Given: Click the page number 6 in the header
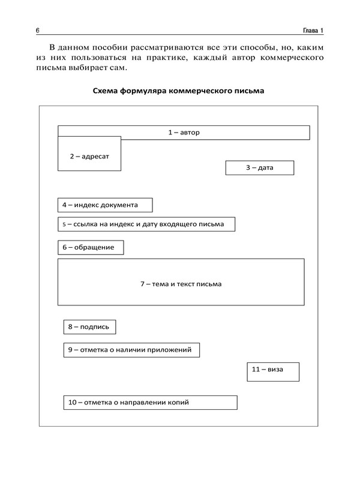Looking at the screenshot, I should click(x=38, y=31).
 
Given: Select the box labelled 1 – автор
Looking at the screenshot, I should click(x=184, y=132).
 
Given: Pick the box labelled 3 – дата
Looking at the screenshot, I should click(x=259, y=167).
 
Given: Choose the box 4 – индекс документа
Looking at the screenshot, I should click(x=105, y=205).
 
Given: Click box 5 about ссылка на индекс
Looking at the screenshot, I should click(x=146, y=224).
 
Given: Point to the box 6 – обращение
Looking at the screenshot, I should click(x=90, y=247).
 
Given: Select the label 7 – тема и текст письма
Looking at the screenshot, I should click(x=181, y=284).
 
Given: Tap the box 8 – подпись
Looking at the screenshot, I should click(x=89, y=327).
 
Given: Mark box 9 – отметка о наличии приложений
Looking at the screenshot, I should click(x=131, y=350).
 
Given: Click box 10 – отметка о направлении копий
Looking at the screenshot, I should click(x=149, y=403).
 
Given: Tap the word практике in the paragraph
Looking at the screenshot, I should click(x=177, y=58).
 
